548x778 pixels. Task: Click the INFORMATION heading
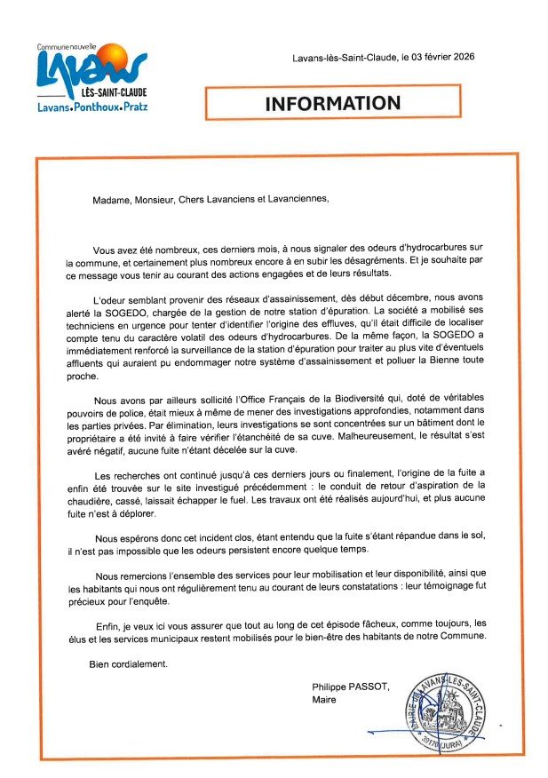pyautogui.click(x=333, y=103)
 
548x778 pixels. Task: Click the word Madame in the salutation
pyautogui.click(x=113, y=199)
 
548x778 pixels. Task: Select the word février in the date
pyautogui.click(x=425, y=58)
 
